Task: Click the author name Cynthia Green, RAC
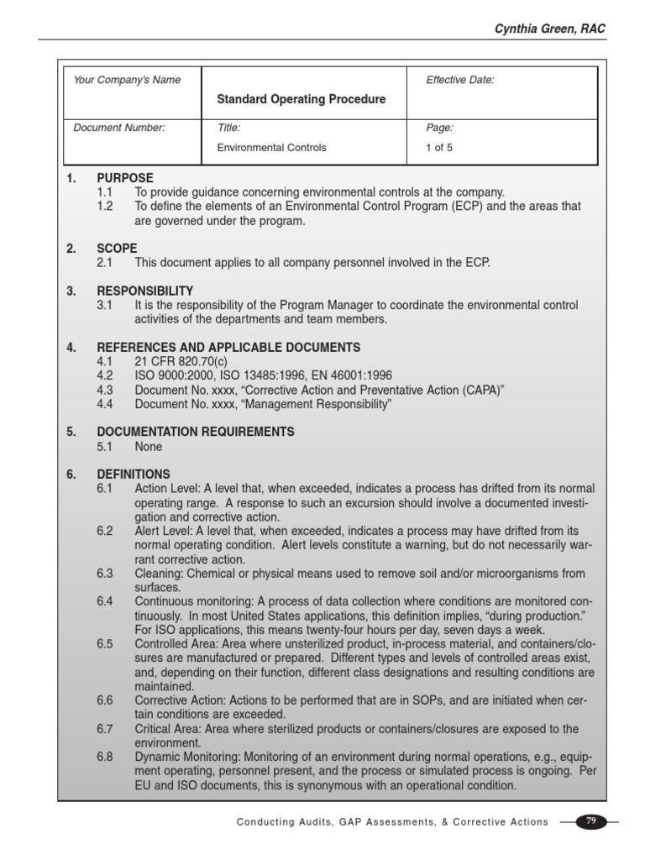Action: point(549,29)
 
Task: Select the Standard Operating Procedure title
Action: point(302,99)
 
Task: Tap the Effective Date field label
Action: point(460,80)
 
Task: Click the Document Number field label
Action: point(119,128)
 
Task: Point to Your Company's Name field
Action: point(127,80)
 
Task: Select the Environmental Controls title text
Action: point(271,147)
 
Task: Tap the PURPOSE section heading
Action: point(125,178)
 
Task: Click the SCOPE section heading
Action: point(117,249)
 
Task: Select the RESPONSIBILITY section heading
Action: point(145,291)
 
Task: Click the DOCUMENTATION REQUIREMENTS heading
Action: point(196,432)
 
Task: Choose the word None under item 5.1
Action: point(149,447)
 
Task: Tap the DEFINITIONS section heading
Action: point(134,474)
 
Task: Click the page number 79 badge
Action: point(590,821)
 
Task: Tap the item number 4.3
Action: point(105,390)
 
